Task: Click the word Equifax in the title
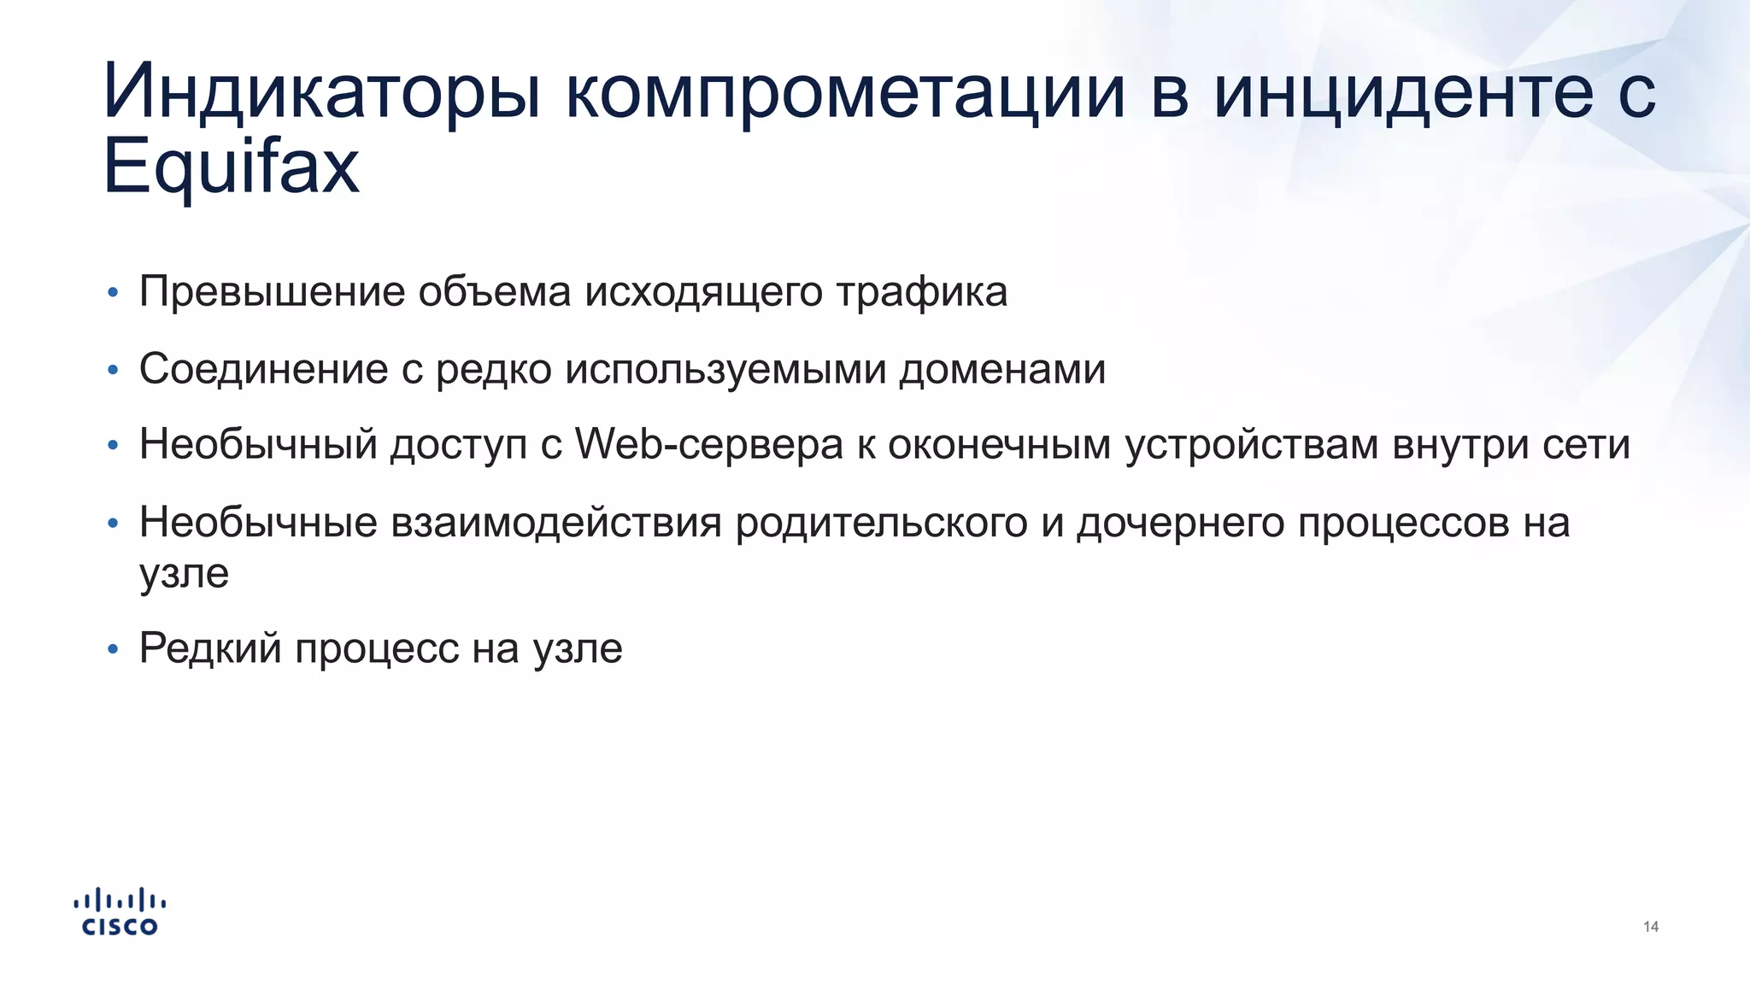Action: (231, 167)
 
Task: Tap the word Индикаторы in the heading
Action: (321, 92)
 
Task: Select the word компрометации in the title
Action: (845, 92)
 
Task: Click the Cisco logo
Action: (120, 912)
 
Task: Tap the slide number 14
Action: (1650, 927)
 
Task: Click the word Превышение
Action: (272, 292)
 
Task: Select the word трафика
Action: (921, 292)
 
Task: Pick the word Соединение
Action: (263, 369)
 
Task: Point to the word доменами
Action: (1001, 369)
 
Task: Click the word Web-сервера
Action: (708, 445)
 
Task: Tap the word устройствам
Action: (1251, 445)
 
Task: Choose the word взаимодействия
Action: (556, 522)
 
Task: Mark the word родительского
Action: (881, 522)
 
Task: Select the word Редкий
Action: (210, 648)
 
